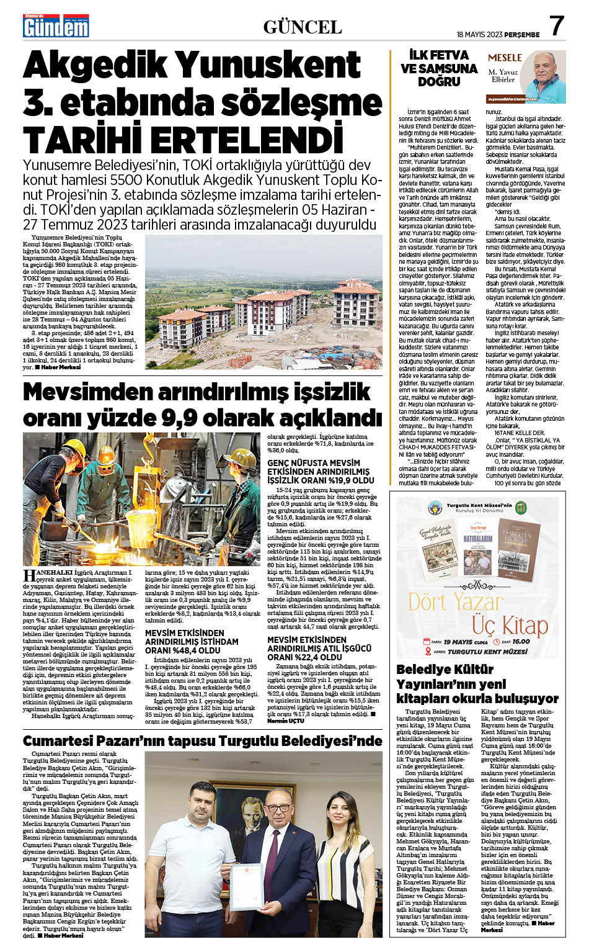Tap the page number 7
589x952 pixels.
(x=556, y=26)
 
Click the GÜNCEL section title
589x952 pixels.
(x=303, y=27)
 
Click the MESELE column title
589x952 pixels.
(x=505, y=58)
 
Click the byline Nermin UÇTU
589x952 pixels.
(x=286, y=721)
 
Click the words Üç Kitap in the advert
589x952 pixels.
(x=511, y=626)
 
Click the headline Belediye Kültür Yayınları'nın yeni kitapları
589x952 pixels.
(x=477, y=683)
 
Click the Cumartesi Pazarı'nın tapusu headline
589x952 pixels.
(x=202, y=741)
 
